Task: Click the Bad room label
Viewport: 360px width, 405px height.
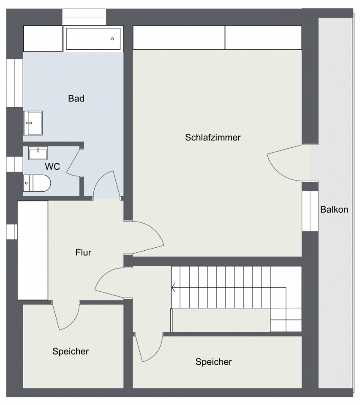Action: pyautogui.click(x=76, y=99)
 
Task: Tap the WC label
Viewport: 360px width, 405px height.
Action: pyautogui.click(x=52, y=167)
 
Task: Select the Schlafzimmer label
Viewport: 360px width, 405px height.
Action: pyautogui.click(x=213, y=138)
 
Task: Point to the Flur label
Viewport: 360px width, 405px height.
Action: pyautogui.click(x=83, y=252)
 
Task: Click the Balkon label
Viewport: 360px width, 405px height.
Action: pyautogui.click(x=334, y=209)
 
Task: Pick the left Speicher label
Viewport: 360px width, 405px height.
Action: pyautogui.click(x=71, y=351)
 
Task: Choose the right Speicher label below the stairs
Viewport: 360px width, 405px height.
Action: pyautogui.click(x=213, y=362)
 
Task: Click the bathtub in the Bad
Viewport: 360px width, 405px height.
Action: pyautogui.click(x=93, y=39)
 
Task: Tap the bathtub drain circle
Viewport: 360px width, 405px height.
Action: pyautogui.click(x=112, y=39)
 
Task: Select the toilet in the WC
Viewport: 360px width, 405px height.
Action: pyautogui.click(x=37, y=183)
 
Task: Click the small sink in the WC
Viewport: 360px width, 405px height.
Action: pyautogui.click(x=38, y=153)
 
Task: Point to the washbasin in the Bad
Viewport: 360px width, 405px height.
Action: pyautogui.click(x=33, y=123)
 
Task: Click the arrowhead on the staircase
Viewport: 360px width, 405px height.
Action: pyautogui.click(x=174, y=287)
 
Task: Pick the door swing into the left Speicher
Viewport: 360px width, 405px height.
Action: pyautogui.click(x=66, y=316)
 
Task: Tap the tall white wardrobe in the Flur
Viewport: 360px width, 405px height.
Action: pyautogui.click(x=33, y=250)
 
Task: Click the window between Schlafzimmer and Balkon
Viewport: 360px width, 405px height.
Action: pyautogui.click(x=310, y=211)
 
